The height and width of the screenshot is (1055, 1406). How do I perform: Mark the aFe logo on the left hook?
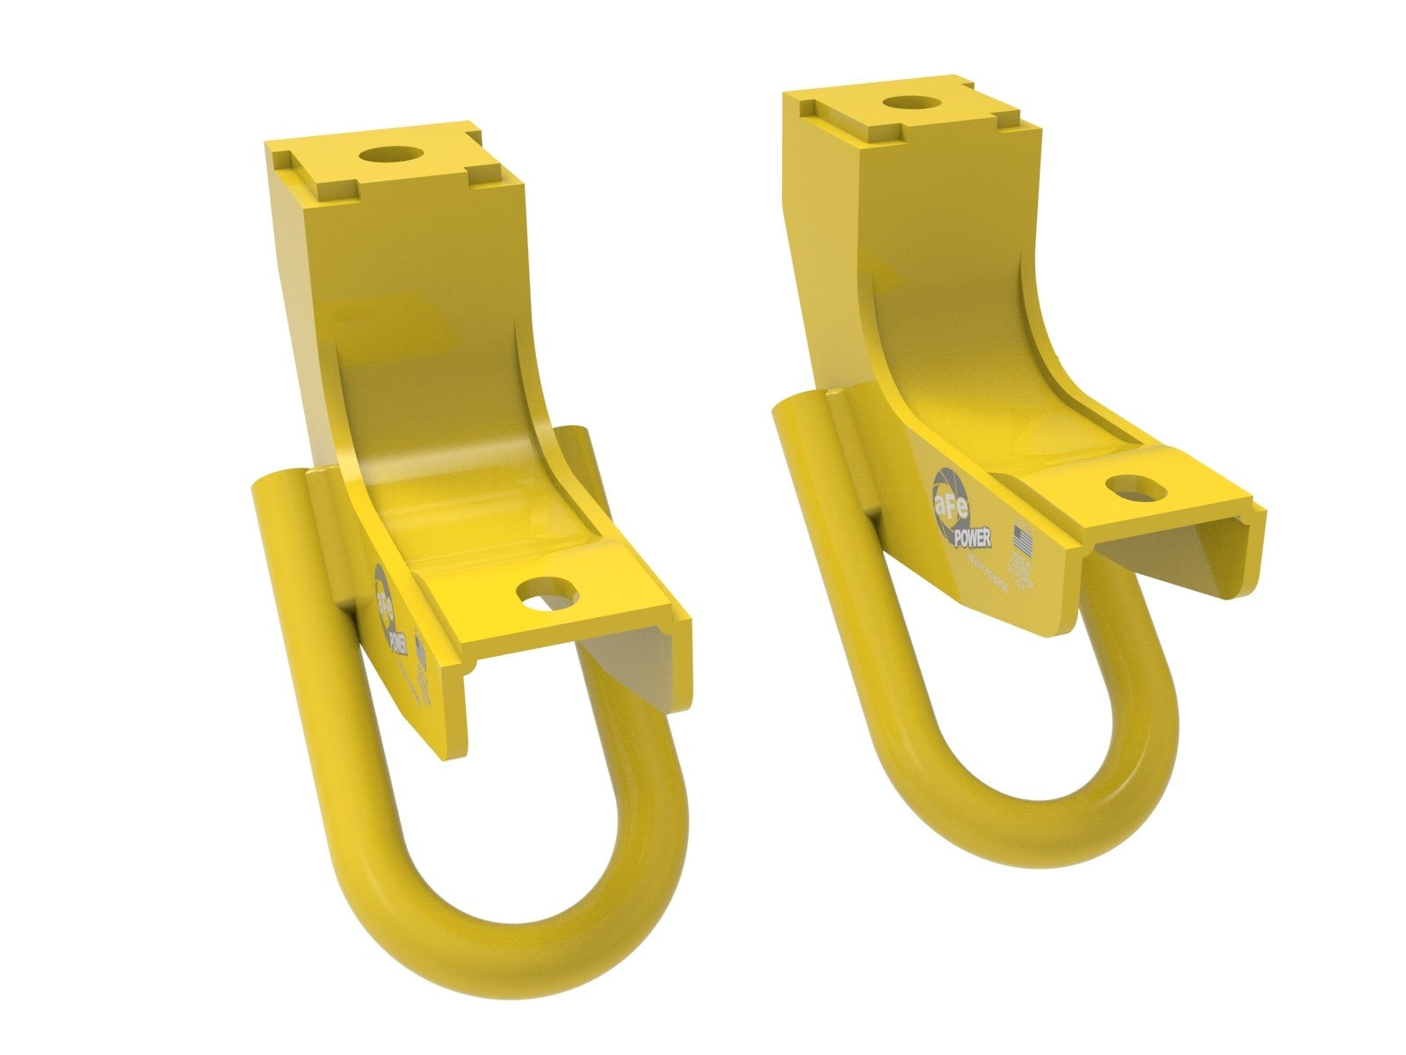[x=385, y=599]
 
